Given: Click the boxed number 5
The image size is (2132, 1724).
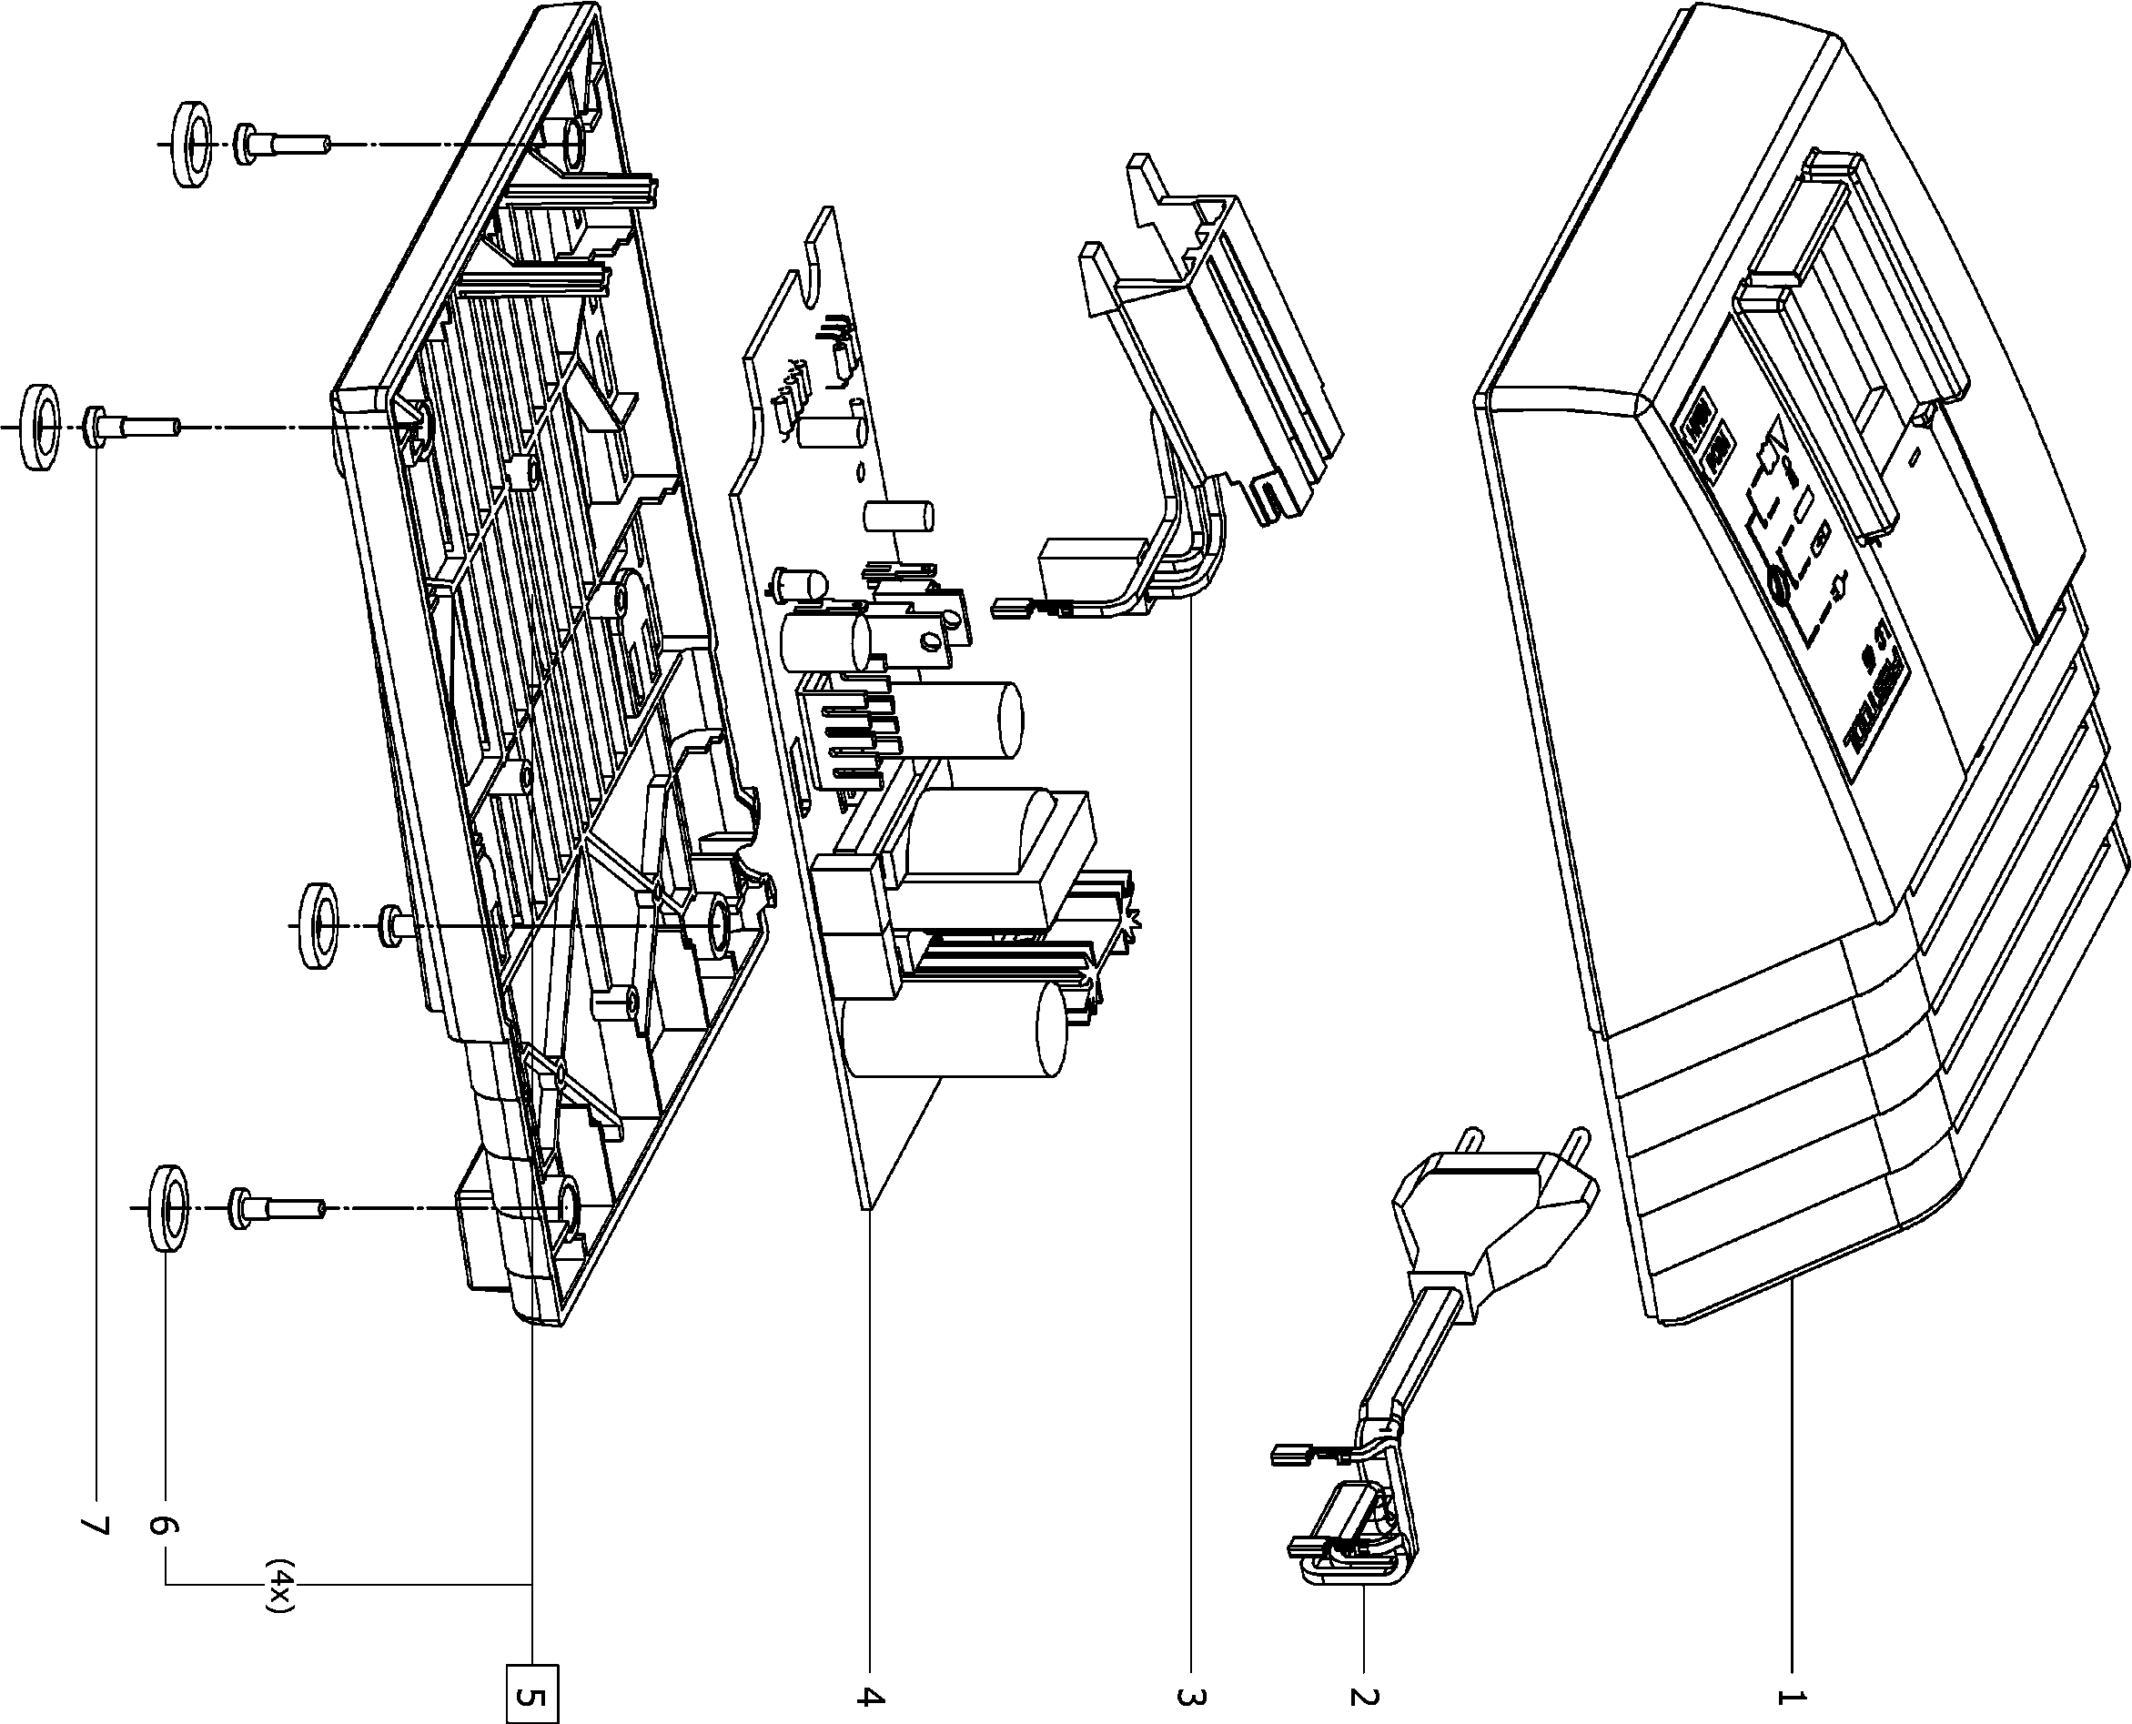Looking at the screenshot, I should [532, 1693].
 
